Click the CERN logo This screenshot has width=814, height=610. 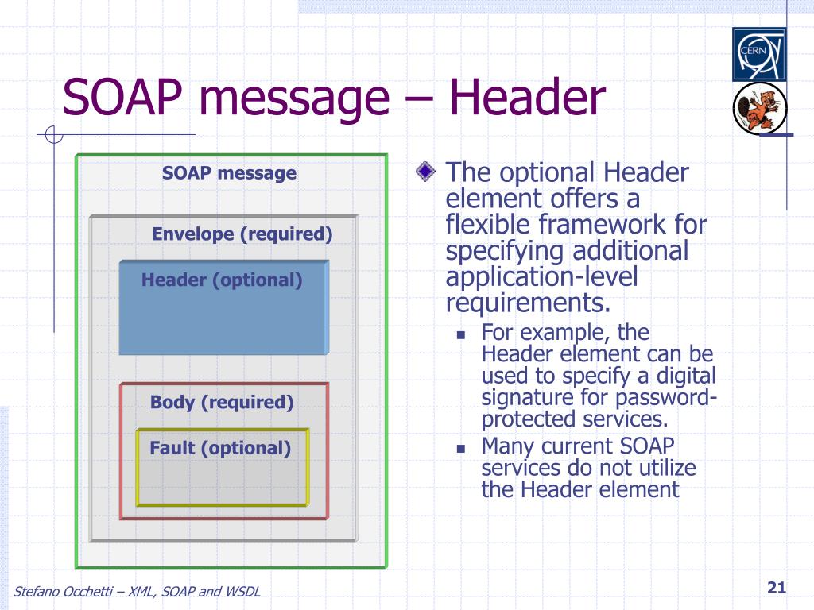758,54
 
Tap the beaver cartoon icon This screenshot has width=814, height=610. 759,108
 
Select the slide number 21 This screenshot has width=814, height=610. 776,588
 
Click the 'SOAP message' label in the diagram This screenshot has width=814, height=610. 229,173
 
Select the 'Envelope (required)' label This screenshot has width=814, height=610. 242,234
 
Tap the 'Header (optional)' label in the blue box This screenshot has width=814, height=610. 222,280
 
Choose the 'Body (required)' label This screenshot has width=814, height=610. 222,402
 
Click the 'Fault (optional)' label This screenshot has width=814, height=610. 220,448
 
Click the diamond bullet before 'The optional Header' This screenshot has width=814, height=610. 427,171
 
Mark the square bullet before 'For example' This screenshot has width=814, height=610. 460,335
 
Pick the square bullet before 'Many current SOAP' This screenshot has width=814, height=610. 460,448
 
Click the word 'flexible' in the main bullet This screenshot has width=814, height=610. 488,225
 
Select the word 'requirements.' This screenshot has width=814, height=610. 529,303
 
